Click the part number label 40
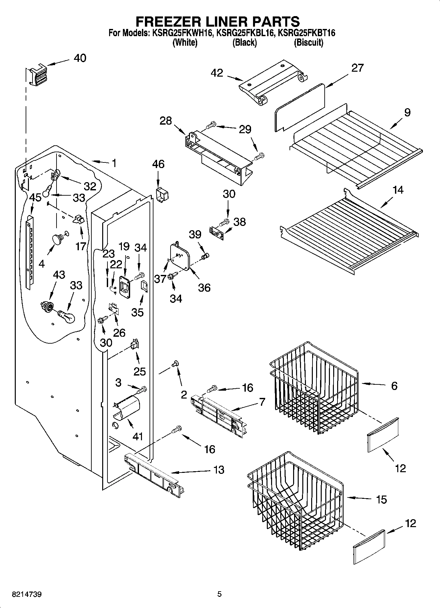click(x=80, y=58)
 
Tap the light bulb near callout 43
click(x=67, y=317)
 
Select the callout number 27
click(x=358, y=68)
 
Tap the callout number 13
click(x=218, y=470)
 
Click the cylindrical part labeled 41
click(x=127, y=408)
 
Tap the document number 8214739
click(x=27, y=594)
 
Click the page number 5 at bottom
click(x=219, y=594)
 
